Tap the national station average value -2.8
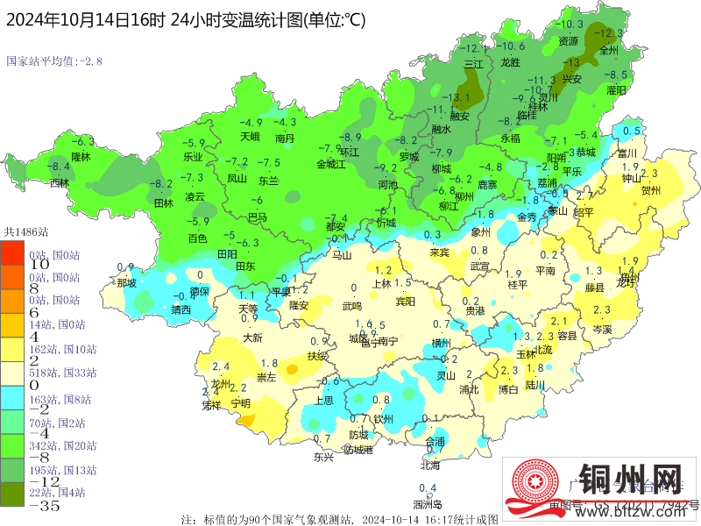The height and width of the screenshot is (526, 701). [x=54, y=61]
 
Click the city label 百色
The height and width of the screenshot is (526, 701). [x=197, y=238]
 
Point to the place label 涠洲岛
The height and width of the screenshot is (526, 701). [x=427, y=504]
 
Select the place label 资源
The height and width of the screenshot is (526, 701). [x=569, y=40]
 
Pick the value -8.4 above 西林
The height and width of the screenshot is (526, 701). [x=59, y=167]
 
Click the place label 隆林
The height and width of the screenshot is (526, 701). [x=81, y=156]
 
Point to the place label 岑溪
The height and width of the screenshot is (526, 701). [x=602, y=329]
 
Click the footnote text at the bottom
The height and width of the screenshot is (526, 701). [x=339, y=518]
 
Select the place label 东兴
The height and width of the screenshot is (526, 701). [x=323, y=457]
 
